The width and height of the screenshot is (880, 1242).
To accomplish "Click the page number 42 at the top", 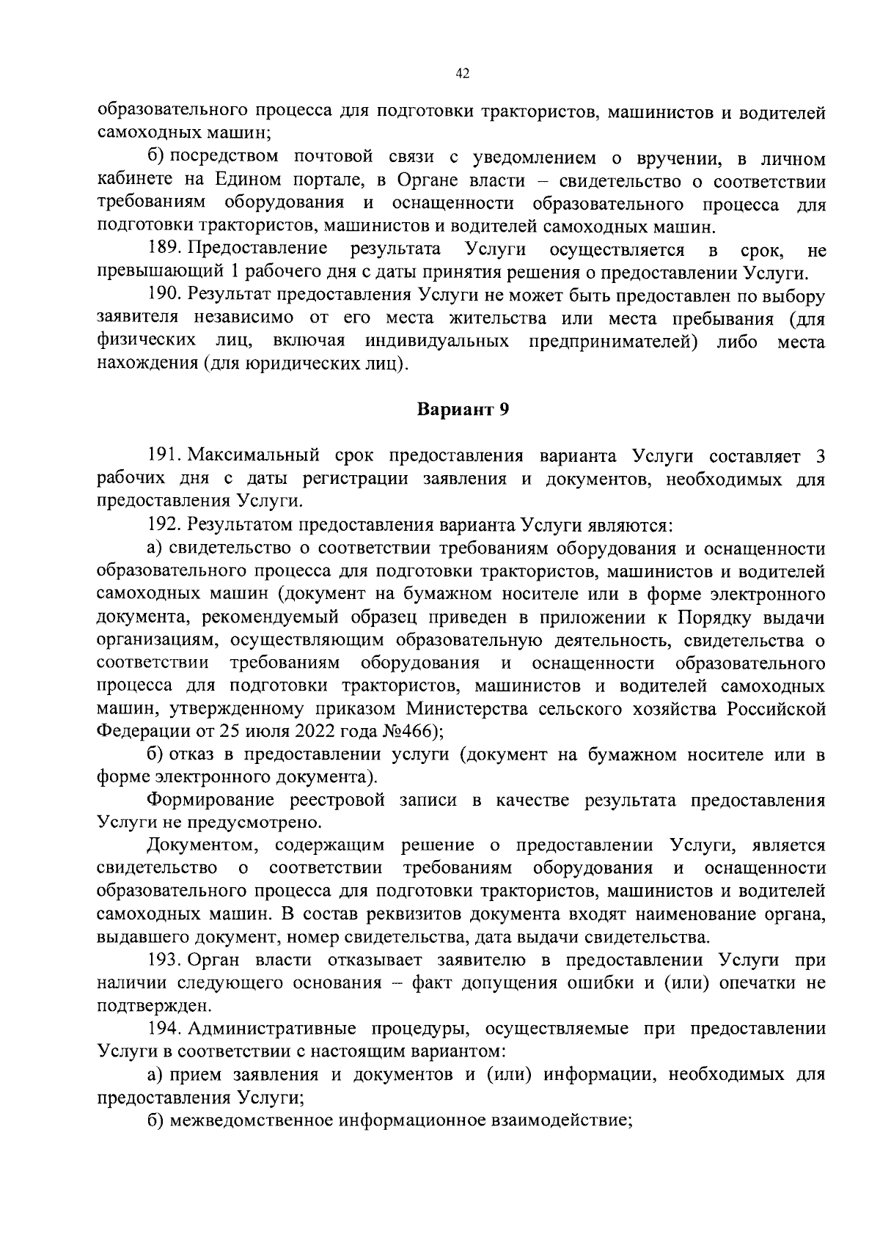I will click(x=462, y=73).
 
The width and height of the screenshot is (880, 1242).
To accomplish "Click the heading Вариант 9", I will click(x=462, y=410).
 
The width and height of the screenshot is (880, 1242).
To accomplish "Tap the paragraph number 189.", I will click(x=163, y=251).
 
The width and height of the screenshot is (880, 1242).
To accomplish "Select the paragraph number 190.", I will click(x=163, y=296).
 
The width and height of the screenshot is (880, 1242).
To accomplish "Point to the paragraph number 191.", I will click(x=163, y=456).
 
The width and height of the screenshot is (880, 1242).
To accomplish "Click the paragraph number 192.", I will click(x=163, y=525).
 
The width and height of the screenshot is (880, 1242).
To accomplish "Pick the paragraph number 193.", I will click(x=163, y=960).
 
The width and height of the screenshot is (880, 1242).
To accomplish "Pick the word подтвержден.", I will click(x=142, y=1006).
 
